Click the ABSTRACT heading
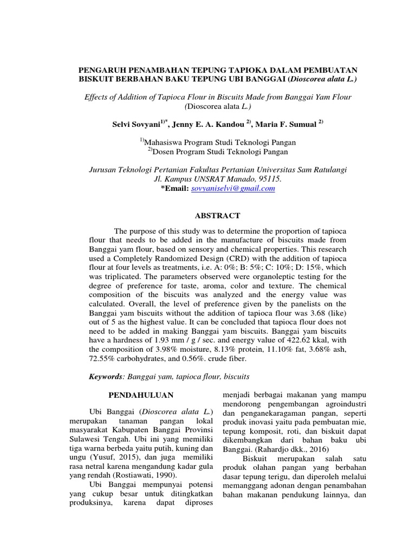(x=217, y=216)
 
